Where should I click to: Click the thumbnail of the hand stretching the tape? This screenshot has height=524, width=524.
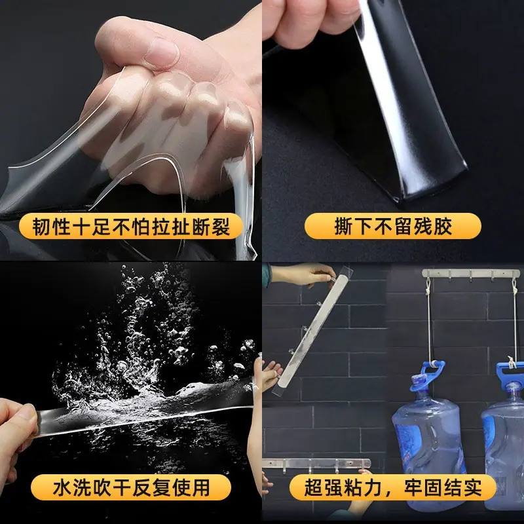(130, 130)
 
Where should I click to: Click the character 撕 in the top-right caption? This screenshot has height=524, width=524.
(344, 227)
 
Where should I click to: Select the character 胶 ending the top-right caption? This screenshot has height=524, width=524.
(443, 227)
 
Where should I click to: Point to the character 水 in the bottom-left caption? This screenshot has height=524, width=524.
(62, 487)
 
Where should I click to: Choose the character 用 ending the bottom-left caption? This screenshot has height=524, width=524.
(200, 487)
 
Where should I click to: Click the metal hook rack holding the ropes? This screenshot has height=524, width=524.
(471, 274)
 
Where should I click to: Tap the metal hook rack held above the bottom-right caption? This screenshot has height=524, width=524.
(316, 464)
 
